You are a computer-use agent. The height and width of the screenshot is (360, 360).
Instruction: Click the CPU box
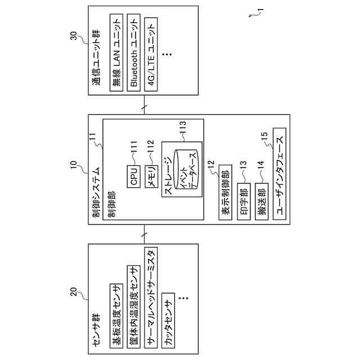tap(133, 175)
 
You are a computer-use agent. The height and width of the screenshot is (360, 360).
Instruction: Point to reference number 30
tap(73, 35)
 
